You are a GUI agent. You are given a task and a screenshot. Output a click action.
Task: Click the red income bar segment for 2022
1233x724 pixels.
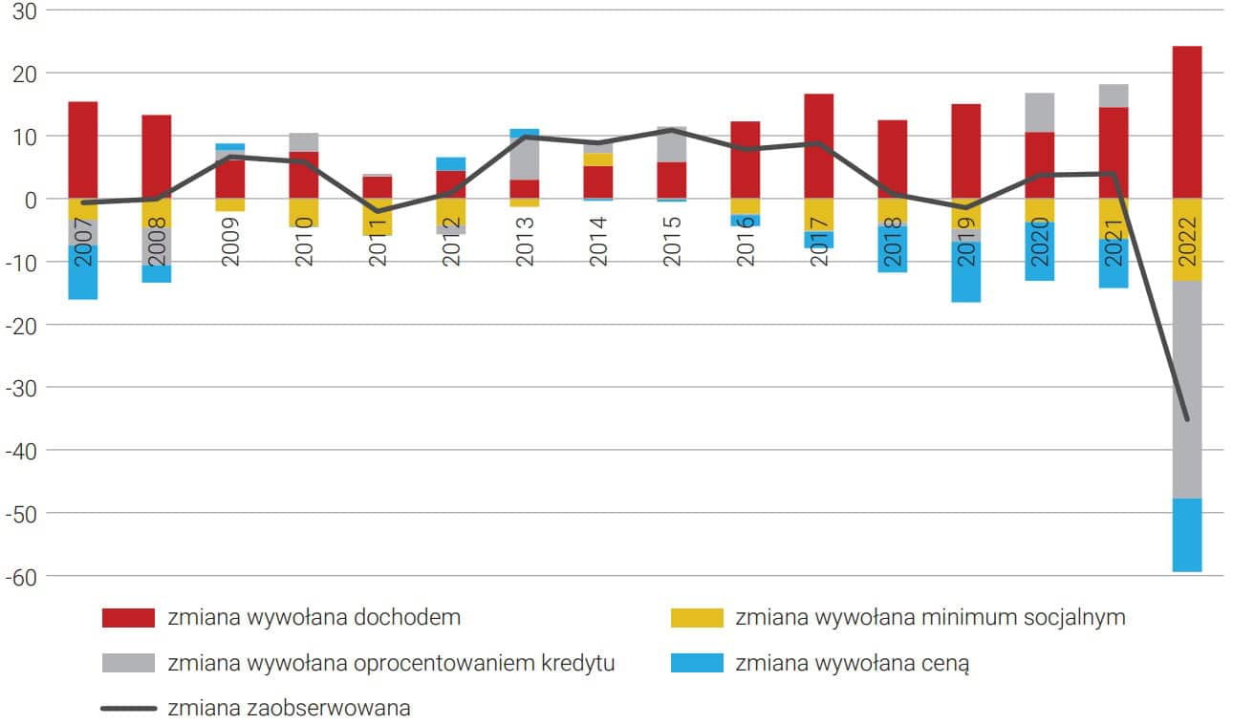tap(1187, 122)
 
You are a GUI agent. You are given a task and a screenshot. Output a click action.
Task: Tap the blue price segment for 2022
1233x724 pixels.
tap(1187, 535)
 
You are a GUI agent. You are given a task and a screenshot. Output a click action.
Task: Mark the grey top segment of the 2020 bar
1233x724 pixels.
tap(1040, 113)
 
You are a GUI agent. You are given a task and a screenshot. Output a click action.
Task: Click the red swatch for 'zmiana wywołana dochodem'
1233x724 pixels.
tap(128, 618)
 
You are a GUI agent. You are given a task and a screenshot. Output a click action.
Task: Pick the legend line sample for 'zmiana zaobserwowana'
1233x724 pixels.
tap(128, 709)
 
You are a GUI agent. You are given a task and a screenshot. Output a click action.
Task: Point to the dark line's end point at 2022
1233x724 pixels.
tap(1187, 419)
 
